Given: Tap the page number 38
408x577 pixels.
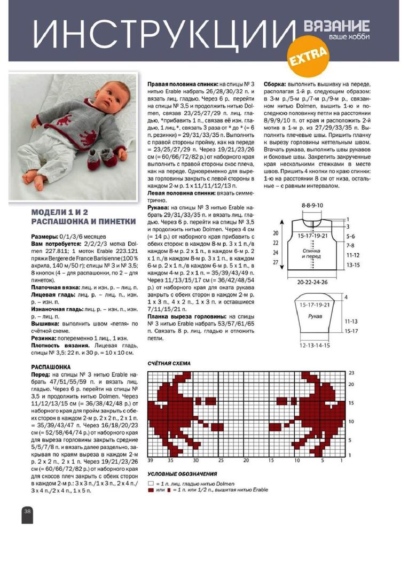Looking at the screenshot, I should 27,511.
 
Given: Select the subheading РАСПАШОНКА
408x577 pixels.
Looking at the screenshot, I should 51,367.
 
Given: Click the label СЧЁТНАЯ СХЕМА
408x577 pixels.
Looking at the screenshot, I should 169,363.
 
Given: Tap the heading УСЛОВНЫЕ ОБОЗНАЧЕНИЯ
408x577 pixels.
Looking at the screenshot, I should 182,473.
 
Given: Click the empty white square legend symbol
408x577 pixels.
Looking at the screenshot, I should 151,482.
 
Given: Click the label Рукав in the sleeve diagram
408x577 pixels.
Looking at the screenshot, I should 315,317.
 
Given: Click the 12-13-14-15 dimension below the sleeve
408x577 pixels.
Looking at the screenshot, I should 315,346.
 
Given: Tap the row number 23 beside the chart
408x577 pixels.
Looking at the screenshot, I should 366,372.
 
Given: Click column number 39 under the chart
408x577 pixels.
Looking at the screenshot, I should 151,459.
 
